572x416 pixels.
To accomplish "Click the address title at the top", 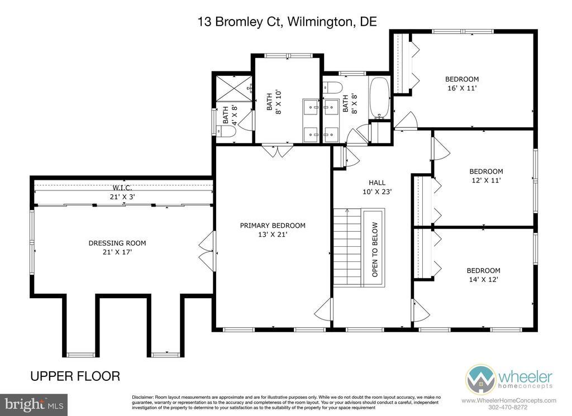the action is pyautogui.click(x=287, y=22).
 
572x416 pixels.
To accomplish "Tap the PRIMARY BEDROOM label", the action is pyautogui.click(x=273, y=226).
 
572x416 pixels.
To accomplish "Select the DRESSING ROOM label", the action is pyautogui.click(x=117, y=243).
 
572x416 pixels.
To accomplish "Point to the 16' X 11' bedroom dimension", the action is pyautogui.click(x=462, y=88).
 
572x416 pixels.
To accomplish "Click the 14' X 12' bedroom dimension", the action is pyautogui.click(x=483, y=280).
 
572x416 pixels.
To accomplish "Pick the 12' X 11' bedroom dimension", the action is pyautogui.click(x=486, y=180).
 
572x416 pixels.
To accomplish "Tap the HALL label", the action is pyautogui.click(x=377, y=183).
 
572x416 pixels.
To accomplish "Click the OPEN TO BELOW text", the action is pyautogui.click(x=375, y=250).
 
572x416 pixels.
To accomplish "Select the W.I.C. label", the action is pyautogui.click(x=122, y=188).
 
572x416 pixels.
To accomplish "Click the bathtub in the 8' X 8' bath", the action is pyautogui.click(x=379, y=98).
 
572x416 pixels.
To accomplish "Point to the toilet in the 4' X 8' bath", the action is pyautogui.click(x=225, y=131).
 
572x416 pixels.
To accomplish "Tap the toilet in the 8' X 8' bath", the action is pyautogui.click(x=333, y=88).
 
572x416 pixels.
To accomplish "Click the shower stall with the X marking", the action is pyautogui.click(x=234, y=88).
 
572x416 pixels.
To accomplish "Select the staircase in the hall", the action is pyautogui.click(x=347, y=247).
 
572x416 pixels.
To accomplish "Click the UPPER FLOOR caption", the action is pyautogui.click(x=75, y=376).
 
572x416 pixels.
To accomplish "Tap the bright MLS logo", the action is pyautogui.click(x=34, y=405).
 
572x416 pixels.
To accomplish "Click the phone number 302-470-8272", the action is pyautogui.click(x=509, y=407).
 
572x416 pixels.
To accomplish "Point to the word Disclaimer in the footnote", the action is pyautogui.click(x=142, y=397).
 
